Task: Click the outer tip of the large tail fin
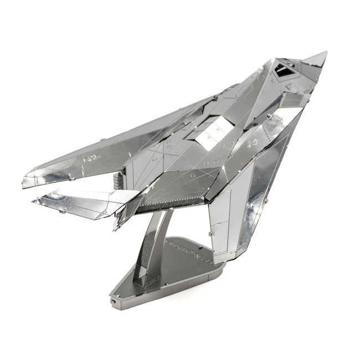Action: [34, 200]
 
